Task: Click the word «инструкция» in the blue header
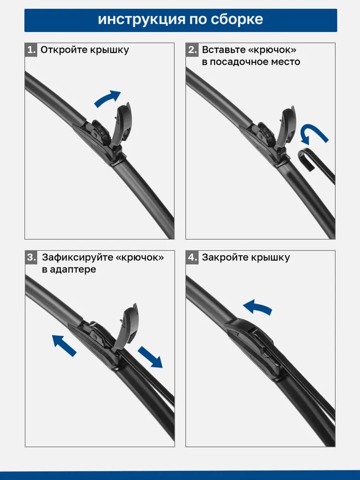(x=142, y=20)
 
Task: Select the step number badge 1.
(x=31, y=49)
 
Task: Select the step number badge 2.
(x=192, y=49)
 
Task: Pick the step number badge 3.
(x=31, y=257)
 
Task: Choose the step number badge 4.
(x=192, y=257)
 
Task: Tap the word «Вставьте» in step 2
(x=224, y=49)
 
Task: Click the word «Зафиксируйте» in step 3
(x=77, y=257)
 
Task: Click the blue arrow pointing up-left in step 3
(x=64, y=345)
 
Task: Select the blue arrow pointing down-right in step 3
(x=150, y=357)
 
